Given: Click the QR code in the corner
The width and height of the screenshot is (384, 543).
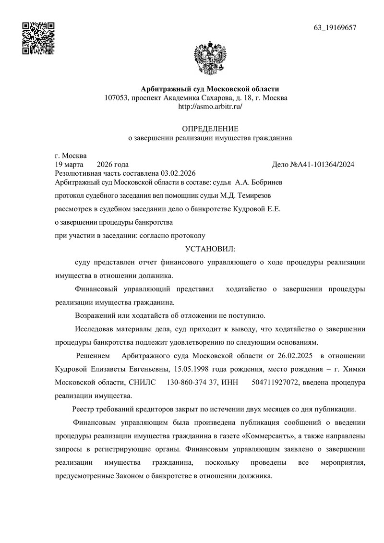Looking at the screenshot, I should [x=38, y=38].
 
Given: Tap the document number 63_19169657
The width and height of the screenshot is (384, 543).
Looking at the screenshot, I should [x=335, y=27].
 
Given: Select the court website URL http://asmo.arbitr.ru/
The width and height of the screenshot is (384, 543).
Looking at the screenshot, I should [x=210, y=107].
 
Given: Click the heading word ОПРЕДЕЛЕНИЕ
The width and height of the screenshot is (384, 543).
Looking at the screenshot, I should [x=210, y=129].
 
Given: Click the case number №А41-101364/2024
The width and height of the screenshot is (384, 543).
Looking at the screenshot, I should [x=322, y=164].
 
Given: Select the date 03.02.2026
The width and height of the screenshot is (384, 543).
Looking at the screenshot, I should [x=179, y=173].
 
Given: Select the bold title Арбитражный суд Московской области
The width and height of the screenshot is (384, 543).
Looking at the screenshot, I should [x=209, y=89].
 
